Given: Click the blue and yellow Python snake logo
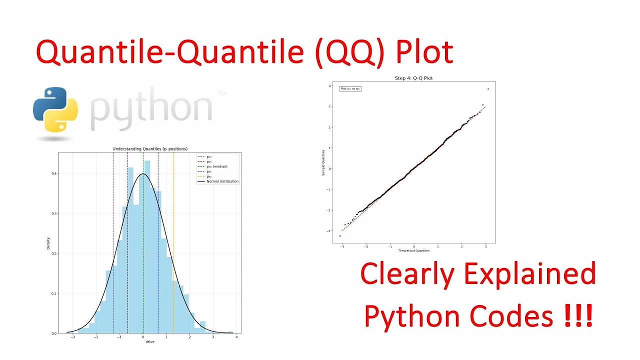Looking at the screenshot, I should tap(55, 110).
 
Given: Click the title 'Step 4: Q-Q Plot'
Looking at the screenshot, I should tap(413, 78).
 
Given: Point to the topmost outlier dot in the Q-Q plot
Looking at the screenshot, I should tap(487, 89).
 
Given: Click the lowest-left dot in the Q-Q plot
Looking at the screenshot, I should tap(340, 235).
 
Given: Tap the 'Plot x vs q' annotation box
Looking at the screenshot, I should tap(350, 88).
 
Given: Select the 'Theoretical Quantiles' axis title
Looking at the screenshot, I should tap(413, 250).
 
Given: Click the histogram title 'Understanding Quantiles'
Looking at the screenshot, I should tap(149, 149).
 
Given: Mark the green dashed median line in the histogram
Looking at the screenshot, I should tap(143, 250).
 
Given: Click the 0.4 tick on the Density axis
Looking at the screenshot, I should tap(52, 173).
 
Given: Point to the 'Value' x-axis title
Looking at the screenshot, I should tap(149, 341).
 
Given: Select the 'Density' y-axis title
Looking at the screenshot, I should tap(48, 243).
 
